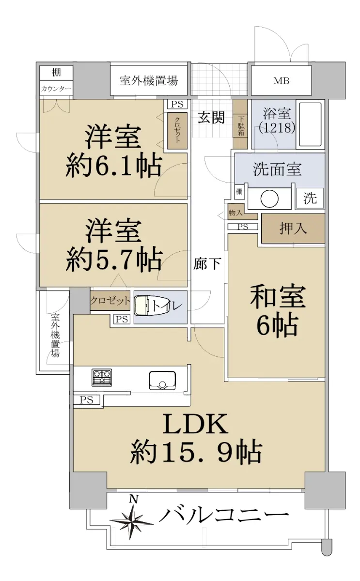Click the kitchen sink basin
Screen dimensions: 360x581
coord(162,380)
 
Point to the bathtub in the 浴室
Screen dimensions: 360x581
coord(311,124)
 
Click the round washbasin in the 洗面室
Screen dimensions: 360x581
coord(269,199)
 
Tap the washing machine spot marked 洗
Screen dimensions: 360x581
coord(310,199)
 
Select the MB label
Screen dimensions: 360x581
coord(282,81)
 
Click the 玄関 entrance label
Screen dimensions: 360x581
coord(211,118)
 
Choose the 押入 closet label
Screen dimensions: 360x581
coord(293,229)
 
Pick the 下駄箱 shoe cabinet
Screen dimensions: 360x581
coord(241,124)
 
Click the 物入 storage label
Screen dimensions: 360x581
coord(235,213)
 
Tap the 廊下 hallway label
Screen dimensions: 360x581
coord(207,264)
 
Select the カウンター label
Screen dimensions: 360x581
coord(56,90)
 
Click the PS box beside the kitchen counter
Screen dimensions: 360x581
coord(87,400)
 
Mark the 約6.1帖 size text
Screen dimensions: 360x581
coord(114,166)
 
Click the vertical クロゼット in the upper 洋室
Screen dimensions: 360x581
coord(177,131)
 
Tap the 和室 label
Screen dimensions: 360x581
coord(278,296)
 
